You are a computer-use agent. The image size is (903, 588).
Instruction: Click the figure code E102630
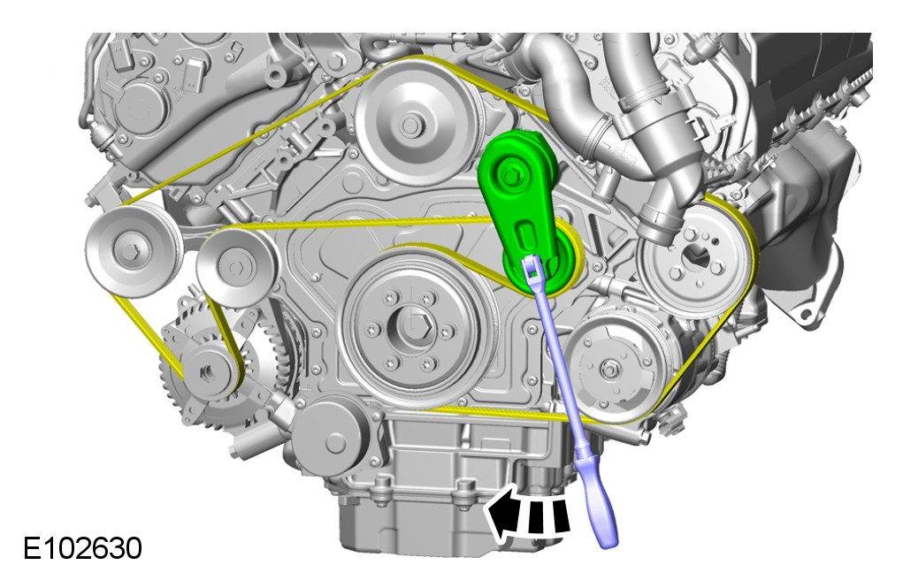82,548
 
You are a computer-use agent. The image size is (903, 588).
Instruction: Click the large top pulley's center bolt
409,125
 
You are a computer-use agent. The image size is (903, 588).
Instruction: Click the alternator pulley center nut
206,372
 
